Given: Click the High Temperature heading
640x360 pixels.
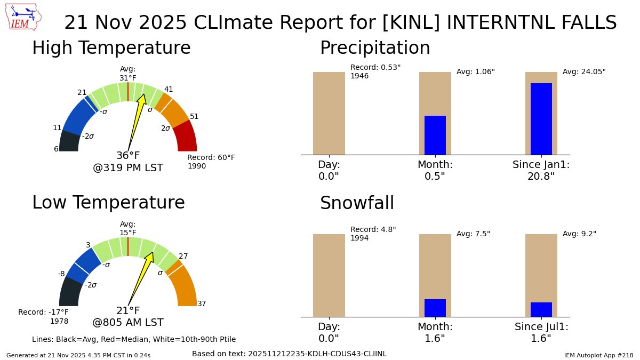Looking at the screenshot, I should coord(111,48).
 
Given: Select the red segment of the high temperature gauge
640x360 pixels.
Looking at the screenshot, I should coord(185,137).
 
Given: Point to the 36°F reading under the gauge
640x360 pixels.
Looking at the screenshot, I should coord(128,156).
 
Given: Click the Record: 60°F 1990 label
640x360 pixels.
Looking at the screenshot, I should coord(211,162).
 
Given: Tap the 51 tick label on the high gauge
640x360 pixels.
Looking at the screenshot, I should coord(194,116).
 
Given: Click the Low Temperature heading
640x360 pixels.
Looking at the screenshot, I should coord(108,203).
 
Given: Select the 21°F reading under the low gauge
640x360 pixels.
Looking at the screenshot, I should coord(128,310).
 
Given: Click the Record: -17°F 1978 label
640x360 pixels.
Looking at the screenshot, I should coord(44,316).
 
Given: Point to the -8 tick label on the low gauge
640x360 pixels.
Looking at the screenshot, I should coord(61,274).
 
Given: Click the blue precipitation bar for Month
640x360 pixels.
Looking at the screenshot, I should coord(435,135).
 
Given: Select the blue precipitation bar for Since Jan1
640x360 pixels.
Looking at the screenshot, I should coord(541,118).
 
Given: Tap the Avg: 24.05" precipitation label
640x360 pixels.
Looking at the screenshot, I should coord(584,71).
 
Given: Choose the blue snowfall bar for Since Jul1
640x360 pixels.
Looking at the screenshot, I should coord(541,309).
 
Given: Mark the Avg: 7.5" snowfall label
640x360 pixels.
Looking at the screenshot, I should coord(473,234).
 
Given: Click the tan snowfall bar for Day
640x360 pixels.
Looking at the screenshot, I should coord(329,275).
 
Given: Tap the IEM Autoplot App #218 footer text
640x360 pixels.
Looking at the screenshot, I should coord(598,355).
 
